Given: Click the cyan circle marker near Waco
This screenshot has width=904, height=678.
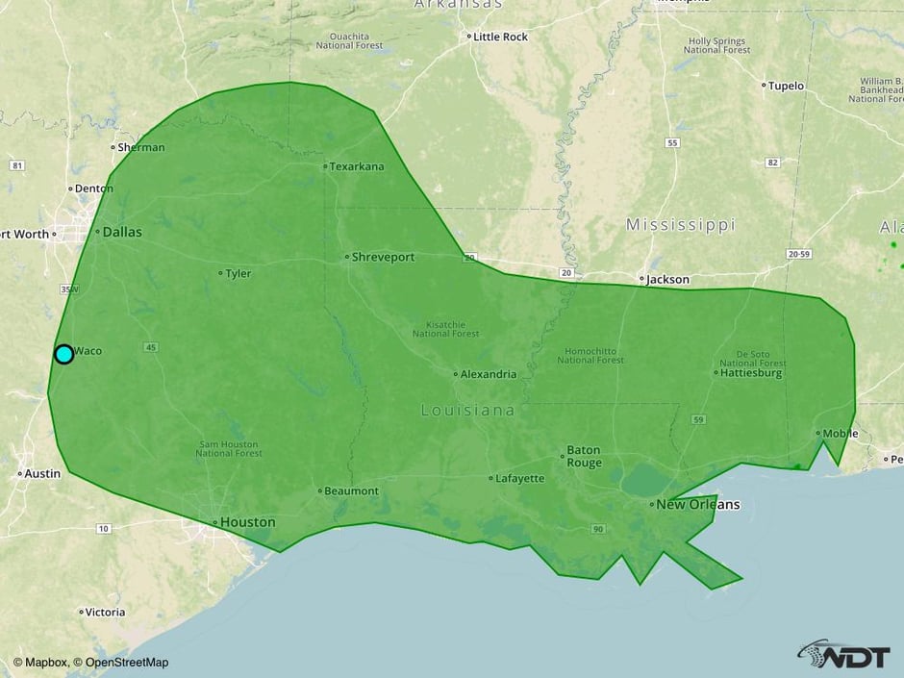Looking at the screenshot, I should tap(63, 354).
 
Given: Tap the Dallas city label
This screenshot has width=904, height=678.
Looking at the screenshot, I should tap(121, 232).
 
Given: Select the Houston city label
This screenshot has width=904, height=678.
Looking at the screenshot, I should tap(247, 522).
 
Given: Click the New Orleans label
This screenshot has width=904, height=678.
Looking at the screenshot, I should tap(698, 504).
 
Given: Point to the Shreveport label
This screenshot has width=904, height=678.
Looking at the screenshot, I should tap(383, 257).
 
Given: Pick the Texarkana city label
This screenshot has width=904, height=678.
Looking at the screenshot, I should tap(356, 166).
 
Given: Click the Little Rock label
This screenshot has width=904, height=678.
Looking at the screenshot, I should tap(500, 37).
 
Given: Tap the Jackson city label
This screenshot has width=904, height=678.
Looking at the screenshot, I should tap(667, 279).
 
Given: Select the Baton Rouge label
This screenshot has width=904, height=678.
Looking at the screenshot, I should tap(584, 456).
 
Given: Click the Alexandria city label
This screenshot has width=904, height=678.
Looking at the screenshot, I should tap(488, 374).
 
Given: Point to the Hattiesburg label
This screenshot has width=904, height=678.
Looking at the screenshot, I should tap(751, 372).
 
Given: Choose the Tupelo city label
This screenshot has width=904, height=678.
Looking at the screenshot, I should tap(787, 86).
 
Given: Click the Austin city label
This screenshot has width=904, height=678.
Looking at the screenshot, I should tap(42, 473).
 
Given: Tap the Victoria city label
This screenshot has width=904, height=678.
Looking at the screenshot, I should tap(105, 612).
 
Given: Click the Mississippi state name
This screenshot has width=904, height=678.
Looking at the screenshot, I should tap(680, 225).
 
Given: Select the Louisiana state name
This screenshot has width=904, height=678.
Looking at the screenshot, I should tap(467, 411).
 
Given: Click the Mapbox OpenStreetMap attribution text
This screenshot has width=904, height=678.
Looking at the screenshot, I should tap(90, 662).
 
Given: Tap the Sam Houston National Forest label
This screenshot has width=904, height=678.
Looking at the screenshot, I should tap(228, 448).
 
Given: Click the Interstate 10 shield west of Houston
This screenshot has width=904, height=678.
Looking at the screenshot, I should tap(103, 529).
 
